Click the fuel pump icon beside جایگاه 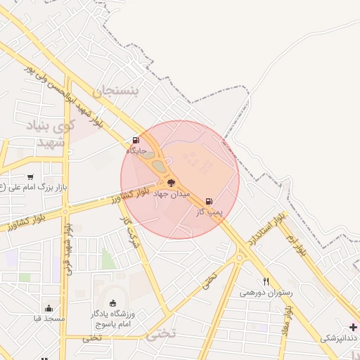(x=136, y=140)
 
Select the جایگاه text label (x=136, y=150)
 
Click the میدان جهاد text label (x=172, y=193)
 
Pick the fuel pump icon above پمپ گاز (x=208, y=201)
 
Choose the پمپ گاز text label (x=209, y=211)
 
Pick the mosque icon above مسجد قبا (x=49, y=307)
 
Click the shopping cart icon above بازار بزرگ (x=30, y=176)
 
